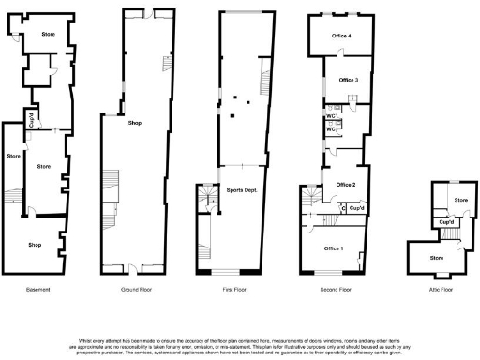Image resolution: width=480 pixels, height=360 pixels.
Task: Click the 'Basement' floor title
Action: [38, 290]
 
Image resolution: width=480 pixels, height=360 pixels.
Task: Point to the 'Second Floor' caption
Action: [334, 290]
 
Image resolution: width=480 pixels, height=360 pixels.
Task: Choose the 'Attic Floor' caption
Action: [440, 290]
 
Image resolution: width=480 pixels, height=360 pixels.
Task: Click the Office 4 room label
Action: [342, 36]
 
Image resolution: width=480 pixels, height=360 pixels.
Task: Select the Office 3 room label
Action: [349, 80]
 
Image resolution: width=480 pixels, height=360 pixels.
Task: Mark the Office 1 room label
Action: [334, 248]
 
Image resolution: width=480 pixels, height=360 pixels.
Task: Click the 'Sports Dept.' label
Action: [242, 190]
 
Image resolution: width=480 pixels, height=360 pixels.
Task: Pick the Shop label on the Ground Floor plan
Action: [135, 123]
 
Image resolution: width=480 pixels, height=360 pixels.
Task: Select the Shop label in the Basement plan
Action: [35, 245]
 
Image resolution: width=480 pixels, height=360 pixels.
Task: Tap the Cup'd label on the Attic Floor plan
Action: [447, 222]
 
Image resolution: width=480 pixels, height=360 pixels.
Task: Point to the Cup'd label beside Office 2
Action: [356, 208]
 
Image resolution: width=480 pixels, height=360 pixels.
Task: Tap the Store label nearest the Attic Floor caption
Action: [436, 256]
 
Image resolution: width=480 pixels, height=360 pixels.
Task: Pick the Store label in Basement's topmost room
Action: [49, 36]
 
